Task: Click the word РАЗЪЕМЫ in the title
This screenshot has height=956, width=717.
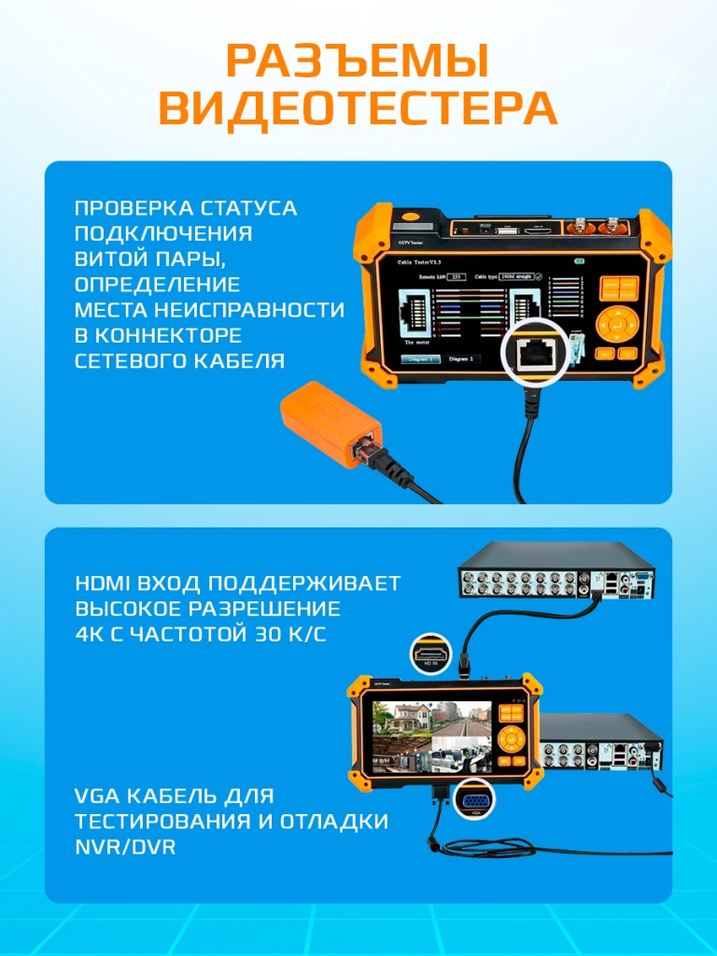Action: click(358, 63)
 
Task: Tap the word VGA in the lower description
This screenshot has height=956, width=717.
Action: click(96, 796)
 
